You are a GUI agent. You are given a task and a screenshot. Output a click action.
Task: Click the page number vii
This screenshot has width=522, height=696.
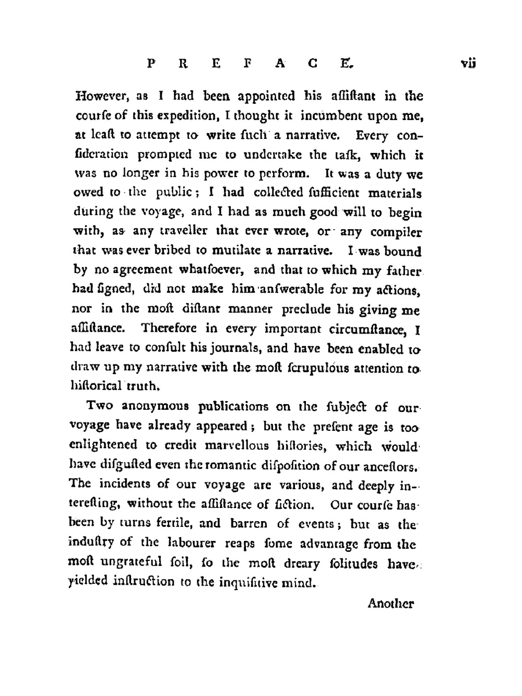[468, 64]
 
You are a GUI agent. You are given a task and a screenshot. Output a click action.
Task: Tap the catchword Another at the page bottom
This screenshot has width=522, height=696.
[390, 604]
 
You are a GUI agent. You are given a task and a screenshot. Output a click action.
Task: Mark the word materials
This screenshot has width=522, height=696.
[394, 193]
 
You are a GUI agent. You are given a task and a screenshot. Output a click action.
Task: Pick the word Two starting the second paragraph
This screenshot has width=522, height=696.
[99, 406]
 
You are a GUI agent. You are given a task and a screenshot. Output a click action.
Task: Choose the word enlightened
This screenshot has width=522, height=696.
[103, 445]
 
